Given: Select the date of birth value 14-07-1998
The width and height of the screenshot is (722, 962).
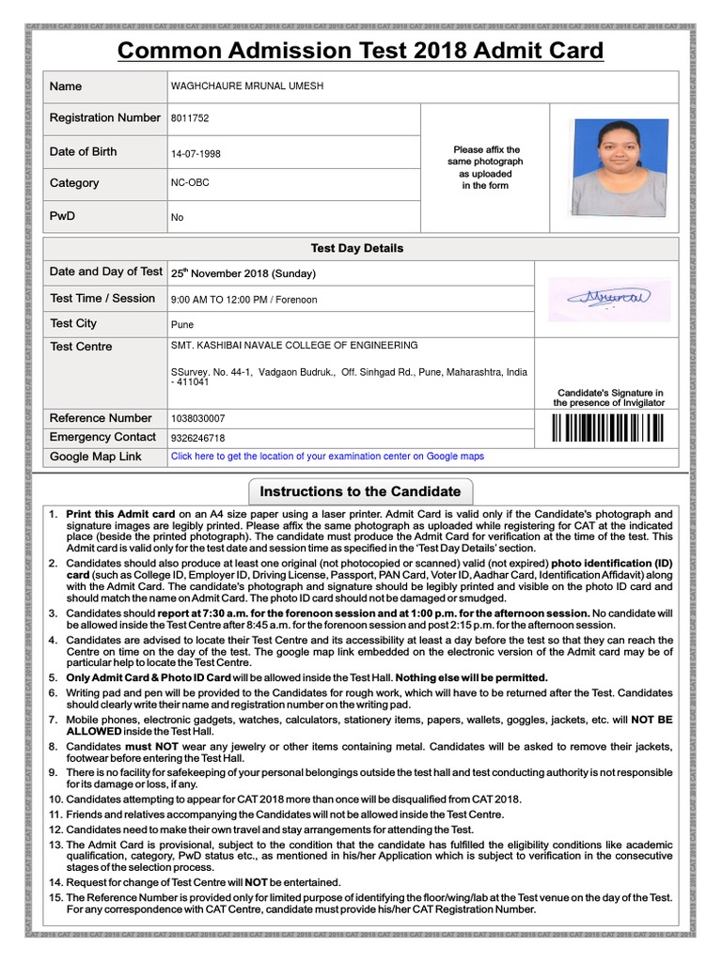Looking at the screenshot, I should pos(196,154).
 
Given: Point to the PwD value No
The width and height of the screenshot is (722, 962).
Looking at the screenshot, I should pos(177,218).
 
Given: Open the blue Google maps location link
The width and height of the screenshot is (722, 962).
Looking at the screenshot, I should pos(327,457).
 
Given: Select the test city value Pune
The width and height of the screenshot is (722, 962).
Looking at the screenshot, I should pos(181,325).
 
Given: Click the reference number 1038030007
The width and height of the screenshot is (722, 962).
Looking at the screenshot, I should pos(197,419).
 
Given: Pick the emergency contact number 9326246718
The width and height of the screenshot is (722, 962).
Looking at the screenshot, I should pos(197,438).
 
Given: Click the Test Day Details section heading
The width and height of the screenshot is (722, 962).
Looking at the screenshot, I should pos(357,249).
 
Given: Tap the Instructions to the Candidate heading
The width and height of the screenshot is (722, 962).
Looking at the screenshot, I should pos(360,491).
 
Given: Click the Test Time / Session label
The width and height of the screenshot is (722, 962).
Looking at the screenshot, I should pos(102,299).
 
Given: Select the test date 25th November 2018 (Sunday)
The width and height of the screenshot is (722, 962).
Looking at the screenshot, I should pos(243,274).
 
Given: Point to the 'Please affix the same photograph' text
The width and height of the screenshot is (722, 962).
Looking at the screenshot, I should pos(485,167).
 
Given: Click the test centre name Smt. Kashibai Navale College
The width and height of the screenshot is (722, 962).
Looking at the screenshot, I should pos(294,346).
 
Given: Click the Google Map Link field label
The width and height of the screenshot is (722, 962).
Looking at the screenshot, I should pos(96,457).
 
